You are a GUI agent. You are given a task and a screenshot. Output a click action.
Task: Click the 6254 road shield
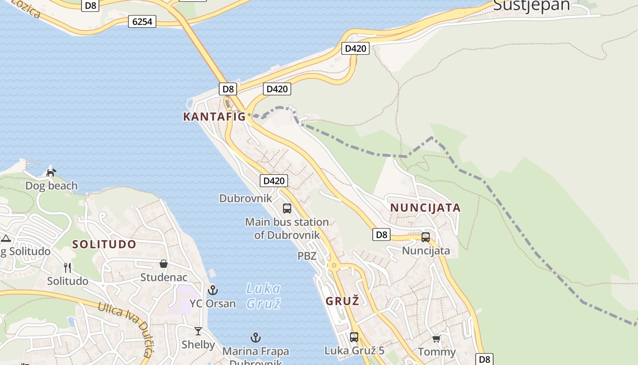point(142,21)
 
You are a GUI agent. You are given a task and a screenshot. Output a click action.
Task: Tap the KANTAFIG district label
point(214,117)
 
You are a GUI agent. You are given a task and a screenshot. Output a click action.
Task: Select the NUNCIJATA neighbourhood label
point(425,208)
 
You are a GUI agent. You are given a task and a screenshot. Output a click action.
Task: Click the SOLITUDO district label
point(104,244)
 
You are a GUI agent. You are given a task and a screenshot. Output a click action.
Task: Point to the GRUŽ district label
point(342,301)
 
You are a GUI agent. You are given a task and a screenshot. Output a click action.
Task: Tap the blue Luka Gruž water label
point(263,296)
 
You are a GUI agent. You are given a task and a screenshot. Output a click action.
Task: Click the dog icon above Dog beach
point(51,172)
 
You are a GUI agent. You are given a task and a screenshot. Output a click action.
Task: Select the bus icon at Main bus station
point(287,209)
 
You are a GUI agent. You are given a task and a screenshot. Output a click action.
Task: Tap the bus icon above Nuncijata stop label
point(426,237)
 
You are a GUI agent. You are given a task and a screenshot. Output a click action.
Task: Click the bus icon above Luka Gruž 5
point(354,337)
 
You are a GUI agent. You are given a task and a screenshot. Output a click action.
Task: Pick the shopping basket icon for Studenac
point(164,264)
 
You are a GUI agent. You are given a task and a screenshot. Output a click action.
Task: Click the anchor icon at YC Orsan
point(213,290)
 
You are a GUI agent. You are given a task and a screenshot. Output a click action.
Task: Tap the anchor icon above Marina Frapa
point(256,338)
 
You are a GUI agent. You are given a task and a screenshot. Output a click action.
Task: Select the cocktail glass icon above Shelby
point(198,331)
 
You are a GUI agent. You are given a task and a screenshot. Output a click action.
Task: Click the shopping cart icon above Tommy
point(436,339)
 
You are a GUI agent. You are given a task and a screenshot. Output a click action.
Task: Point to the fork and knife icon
point(67,267)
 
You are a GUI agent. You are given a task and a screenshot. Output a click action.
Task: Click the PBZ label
point(307,256)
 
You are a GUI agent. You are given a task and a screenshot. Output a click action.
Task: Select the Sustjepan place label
point(531,5)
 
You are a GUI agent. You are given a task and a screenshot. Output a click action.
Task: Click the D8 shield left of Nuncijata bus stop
point(381,235)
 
